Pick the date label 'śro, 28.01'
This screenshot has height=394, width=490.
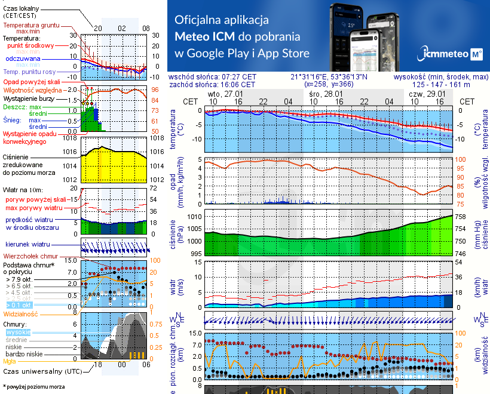(326, 94)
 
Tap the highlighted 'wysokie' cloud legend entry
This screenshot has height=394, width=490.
(17, 332)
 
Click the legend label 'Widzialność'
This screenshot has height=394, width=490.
(20, 313)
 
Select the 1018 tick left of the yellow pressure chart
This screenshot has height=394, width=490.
(71, 138)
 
